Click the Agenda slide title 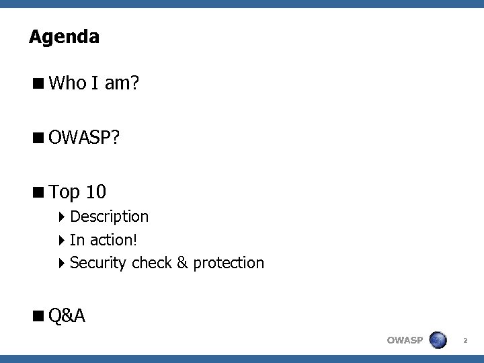pos(64,36)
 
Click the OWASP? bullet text pos(85,138)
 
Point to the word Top pos(65,192)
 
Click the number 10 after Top pos(95,192)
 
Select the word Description pos(109,216)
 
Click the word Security pos(98,262)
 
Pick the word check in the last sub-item pos(152,262)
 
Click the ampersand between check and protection pos(183,262)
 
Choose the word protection pos(229,262)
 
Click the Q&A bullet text pos(67,315)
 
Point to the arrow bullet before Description pos(62,216)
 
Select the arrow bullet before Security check pos(62,262)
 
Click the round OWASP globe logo pos(438,339)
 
